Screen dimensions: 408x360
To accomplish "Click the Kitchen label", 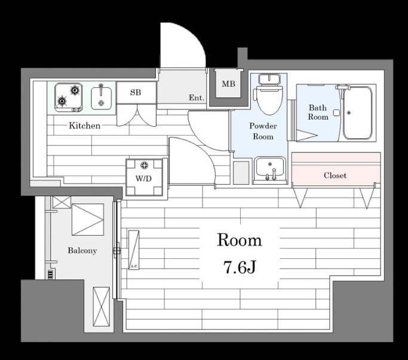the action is coord(85,126).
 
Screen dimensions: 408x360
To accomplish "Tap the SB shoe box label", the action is coord(136,92).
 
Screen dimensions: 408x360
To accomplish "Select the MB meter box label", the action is coord(228,84).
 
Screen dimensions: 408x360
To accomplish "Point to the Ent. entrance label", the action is coord(197,97).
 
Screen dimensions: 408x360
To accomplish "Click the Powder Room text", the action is coord(263,131).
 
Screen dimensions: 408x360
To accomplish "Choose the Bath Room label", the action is coord(318,112).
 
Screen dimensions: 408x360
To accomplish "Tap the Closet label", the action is coord(335,175).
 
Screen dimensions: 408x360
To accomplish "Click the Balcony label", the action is coord(82,251).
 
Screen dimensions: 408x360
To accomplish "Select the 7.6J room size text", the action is coord(240,267).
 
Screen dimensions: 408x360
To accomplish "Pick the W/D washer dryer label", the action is coord(143,178).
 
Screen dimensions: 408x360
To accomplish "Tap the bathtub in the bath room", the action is coord(357,112).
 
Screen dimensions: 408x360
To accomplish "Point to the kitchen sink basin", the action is coord(101,98).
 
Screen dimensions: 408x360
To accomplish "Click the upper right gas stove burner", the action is coord(75,90).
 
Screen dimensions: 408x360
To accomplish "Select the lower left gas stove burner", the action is coord(62,101).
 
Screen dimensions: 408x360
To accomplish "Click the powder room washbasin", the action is coord(269,168).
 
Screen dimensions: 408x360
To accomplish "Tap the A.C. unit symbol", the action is coord(134,250).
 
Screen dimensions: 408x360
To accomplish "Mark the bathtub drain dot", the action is coord(349,113).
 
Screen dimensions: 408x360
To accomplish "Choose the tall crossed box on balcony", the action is coord(102,307).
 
